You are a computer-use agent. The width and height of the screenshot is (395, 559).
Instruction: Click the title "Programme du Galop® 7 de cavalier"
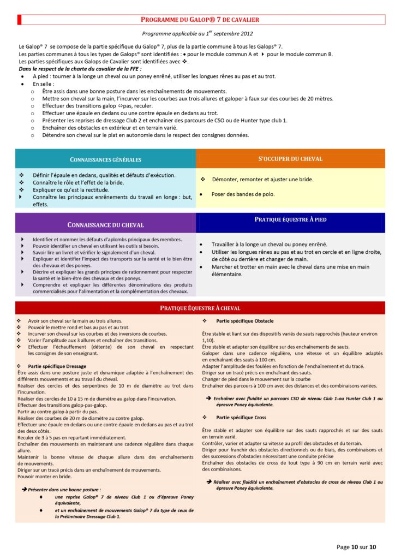[200, 20]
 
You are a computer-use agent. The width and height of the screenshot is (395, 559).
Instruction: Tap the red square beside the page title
[20, 20]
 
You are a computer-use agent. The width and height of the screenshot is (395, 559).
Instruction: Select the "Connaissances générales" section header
[106, 159]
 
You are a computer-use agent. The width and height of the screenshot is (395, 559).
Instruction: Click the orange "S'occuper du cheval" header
[290, 159]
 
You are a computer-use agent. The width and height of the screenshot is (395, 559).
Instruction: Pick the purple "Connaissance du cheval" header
[105, 224]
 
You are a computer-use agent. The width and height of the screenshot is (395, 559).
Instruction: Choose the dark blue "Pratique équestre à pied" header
[290, 219]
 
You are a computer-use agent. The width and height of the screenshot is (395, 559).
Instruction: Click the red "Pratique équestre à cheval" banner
[200, 308]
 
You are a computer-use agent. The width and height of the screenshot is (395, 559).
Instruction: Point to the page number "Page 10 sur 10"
[356, 546]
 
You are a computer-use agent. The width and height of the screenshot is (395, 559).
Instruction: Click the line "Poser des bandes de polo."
[243, 194]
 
